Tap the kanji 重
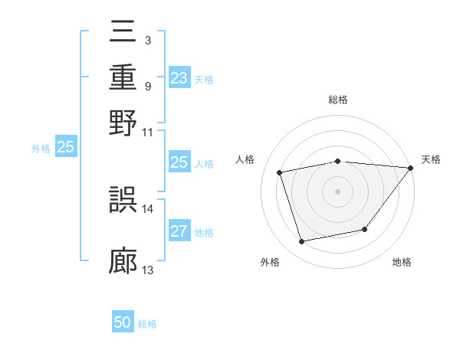123,79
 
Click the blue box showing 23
179,78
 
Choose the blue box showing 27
179,232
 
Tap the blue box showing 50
123,323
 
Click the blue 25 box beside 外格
65,148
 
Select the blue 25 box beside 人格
179,162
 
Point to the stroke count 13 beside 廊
148,270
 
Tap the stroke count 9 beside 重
148,86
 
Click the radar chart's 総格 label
338,100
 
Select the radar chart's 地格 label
402,263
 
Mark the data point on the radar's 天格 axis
410,169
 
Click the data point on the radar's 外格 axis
302,242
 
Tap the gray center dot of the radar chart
338,191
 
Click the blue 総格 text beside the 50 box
147,324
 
